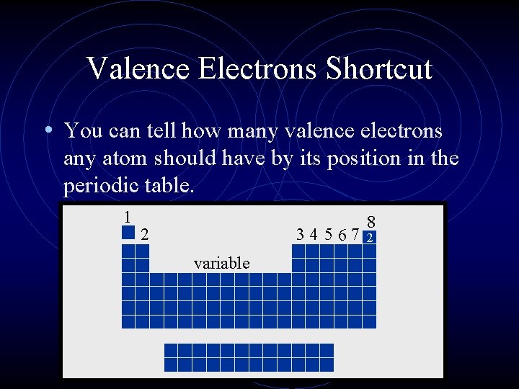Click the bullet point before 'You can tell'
point(46,131)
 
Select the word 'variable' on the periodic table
point(222,264)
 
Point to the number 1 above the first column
point(127,216)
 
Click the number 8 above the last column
point(371,222)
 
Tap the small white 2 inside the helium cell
point(370,238)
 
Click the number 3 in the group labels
point(299,234)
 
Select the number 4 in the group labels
point(314,234)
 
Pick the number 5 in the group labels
point(328,234)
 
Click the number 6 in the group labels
point(342,234)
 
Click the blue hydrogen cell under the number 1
point(128,233)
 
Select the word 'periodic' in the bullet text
point(97,186)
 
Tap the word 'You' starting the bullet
point(81,131)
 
